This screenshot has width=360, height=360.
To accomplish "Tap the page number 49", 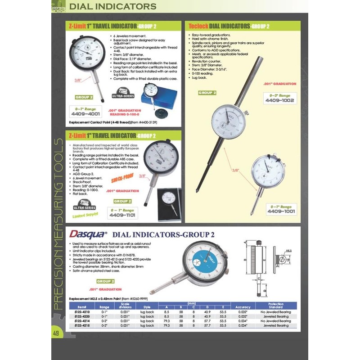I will click(56, 333).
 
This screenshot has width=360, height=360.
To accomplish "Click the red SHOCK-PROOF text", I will click(122, 177).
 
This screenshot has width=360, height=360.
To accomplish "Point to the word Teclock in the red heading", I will click(200, 26).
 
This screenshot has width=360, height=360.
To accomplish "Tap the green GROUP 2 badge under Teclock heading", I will click(207, 93).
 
